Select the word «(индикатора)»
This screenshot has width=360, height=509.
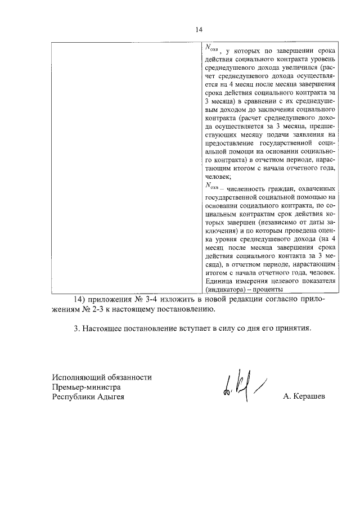225,289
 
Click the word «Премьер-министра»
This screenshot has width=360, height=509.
87,387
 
